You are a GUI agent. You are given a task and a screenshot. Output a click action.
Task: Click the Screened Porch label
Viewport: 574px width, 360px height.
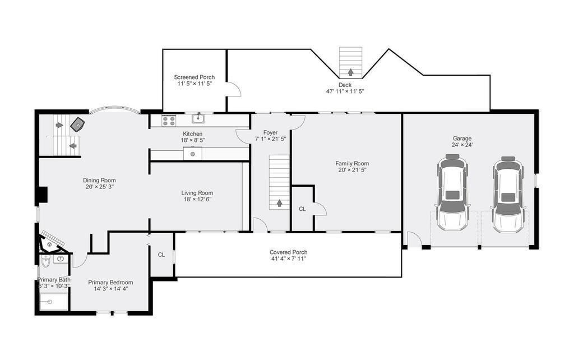pos(195,77)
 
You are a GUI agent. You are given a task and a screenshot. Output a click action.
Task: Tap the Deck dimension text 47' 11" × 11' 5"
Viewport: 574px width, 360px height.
pos(345,91)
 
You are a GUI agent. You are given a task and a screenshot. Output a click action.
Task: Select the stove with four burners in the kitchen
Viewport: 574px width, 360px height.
pos(169,121)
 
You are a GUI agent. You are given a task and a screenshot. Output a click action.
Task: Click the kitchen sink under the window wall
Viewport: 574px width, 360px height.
pos(198,119)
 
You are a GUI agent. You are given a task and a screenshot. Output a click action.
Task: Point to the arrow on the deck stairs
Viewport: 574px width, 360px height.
pos(351,72)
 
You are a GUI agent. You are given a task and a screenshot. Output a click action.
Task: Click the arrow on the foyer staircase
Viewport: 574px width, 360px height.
pos(279,202)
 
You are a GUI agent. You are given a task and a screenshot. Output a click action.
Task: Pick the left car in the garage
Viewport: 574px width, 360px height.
pos(452,193)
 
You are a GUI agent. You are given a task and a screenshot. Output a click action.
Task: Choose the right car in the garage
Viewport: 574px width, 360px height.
pos(508,195)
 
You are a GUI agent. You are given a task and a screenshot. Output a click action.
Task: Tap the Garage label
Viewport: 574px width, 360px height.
pos(462,139)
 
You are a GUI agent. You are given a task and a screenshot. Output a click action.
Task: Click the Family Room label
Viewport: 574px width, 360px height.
pos(352,164)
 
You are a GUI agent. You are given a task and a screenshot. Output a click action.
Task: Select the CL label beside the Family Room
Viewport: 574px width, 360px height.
pos(302,209)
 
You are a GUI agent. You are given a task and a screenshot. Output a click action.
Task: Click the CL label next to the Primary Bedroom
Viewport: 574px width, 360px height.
pos(161,255)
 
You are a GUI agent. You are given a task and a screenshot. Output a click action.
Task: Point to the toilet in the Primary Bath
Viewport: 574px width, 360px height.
pos(45,261)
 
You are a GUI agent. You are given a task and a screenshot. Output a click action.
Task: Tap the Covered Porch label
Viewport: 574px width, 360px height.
pos(289,252)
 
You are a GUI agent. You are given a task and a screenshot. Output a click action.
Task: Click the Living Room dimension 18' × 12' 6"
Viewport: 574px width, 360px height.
pos(197,200)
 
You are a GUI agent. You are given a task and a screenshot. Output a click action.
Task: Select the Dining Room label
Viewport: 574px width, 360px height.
pos(99,180)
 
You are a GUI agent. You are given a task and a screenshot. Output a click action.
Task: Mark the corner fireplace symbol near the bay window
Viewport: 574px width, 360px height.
pos(77,124)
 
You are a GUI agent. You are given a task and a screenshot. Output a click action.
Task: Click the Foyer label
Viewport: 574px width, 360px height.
pos(271,132)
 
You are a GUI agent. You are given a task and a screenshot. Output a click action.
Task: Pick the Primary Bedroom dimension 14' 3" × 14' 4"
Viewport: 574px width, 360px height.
pos(110,289)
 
